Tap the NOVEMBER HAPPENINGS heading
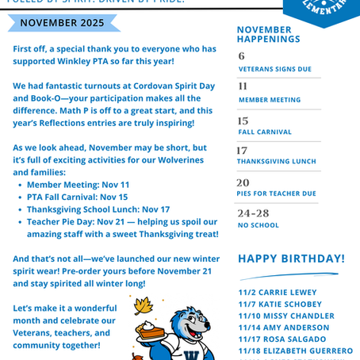(x=269, y=34)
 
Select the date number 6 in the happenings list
(x=242, y=56)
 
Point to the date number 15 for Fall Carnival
(x=243, y=121)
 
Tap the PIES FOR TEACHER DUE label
(x=277, y=193)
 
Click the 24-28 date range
(x=253, y=213)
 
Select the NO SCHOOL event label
(x=259, y=225)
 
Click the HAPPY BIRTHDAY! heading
(x=291, y=259)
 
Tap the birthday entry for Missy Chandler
(x=285, y=316)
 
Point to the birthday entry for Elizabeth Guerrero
(x=295, y=350)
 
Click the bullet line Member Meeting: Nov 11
(x=78, y=184)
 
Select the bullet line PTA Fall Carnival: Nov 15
(x=77, y=197)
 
